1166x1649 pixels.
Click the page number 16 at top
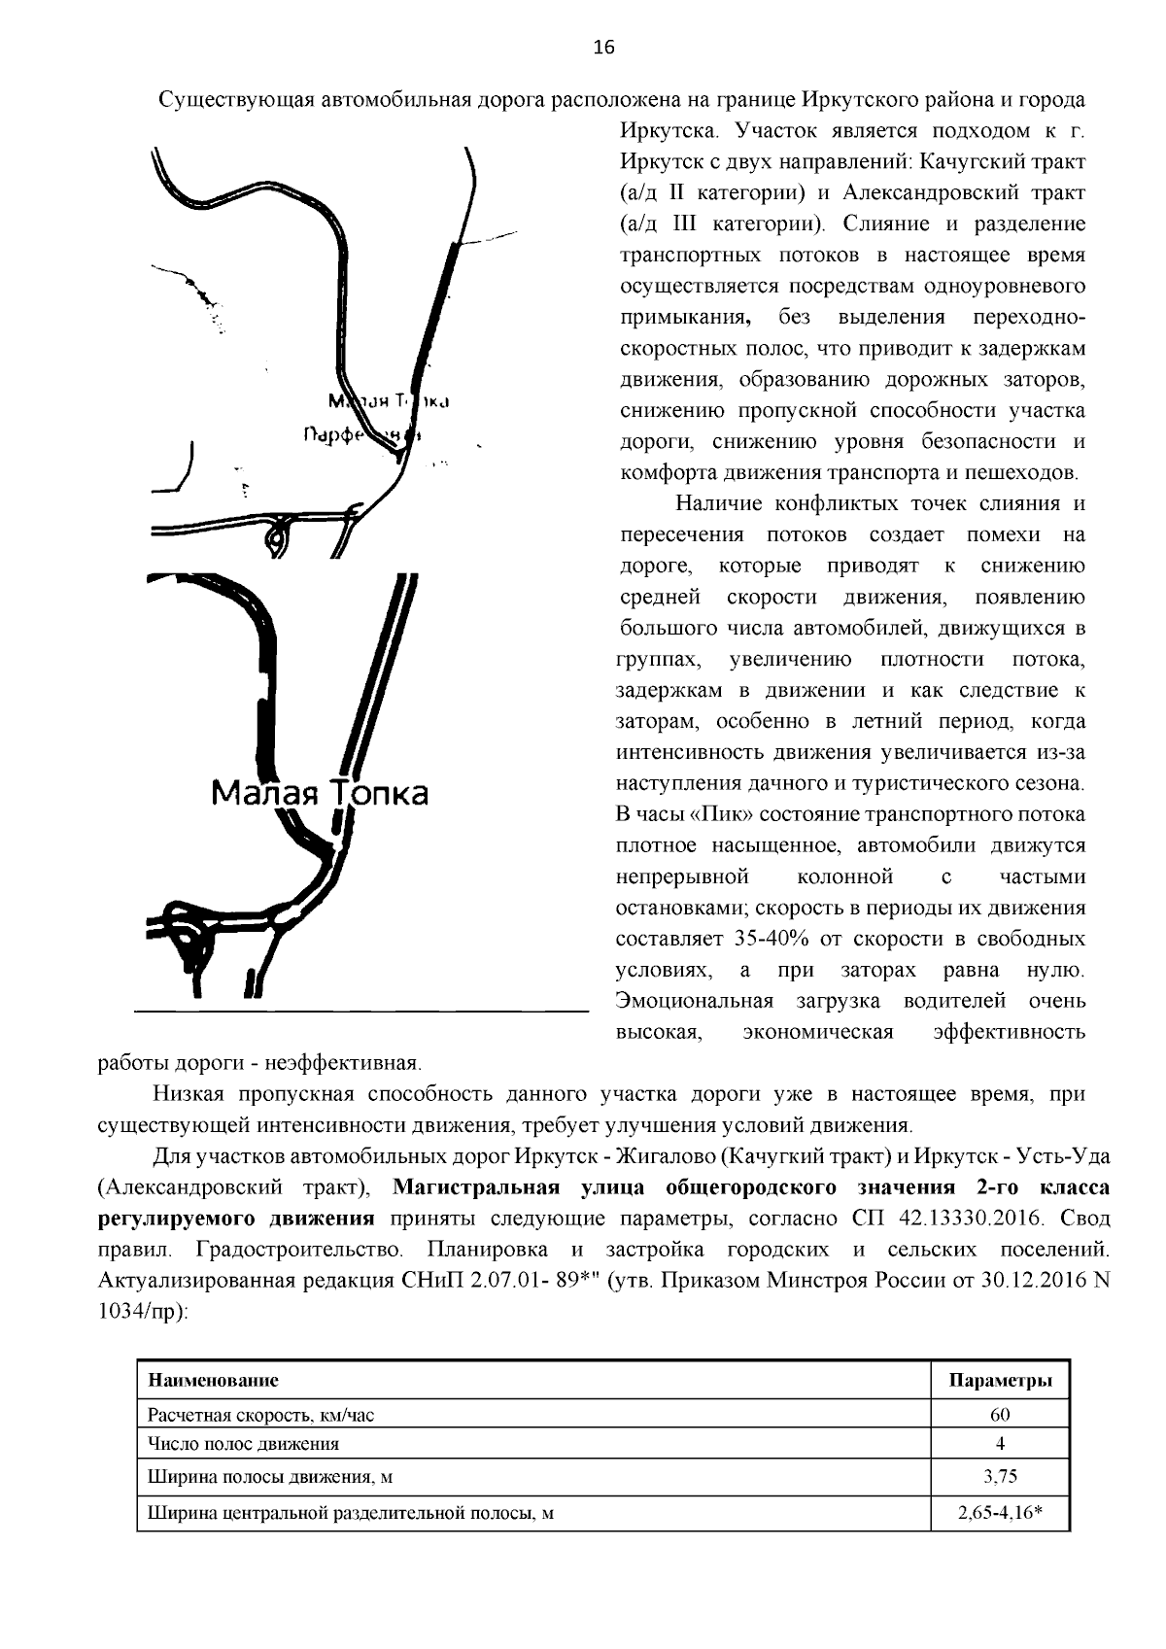[603, 49]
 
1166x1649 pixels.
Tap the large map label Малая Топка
[320, 794]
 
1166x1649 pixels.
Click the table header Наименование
[213, 1380]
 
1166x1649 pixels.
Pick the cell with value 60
[1000, 1415]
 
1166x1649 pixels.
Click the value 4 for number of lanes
[1000, 1443]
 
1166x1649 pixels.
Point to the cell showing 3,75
[1000, 1477]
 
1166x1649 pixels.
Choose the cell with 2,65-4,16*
[1000, 1512]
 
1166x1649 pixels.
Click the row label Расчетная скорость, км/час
[259, 1415]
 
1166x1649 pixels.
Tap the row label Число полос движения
[243, 1443]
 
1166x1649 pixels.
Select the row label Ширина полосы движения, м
[269, 1477]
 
